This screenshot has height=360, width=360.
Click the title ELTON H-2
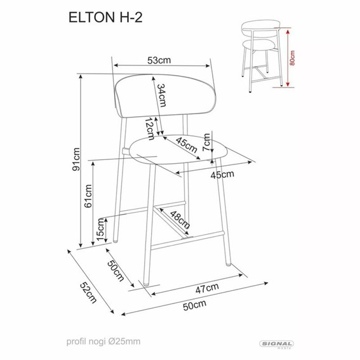click(x=102, y=20)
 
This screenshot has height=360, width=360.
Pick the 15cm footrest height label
click(x=101, y=229)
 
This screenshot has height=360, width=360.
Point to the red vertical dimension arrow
click(x=287, y=57)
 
